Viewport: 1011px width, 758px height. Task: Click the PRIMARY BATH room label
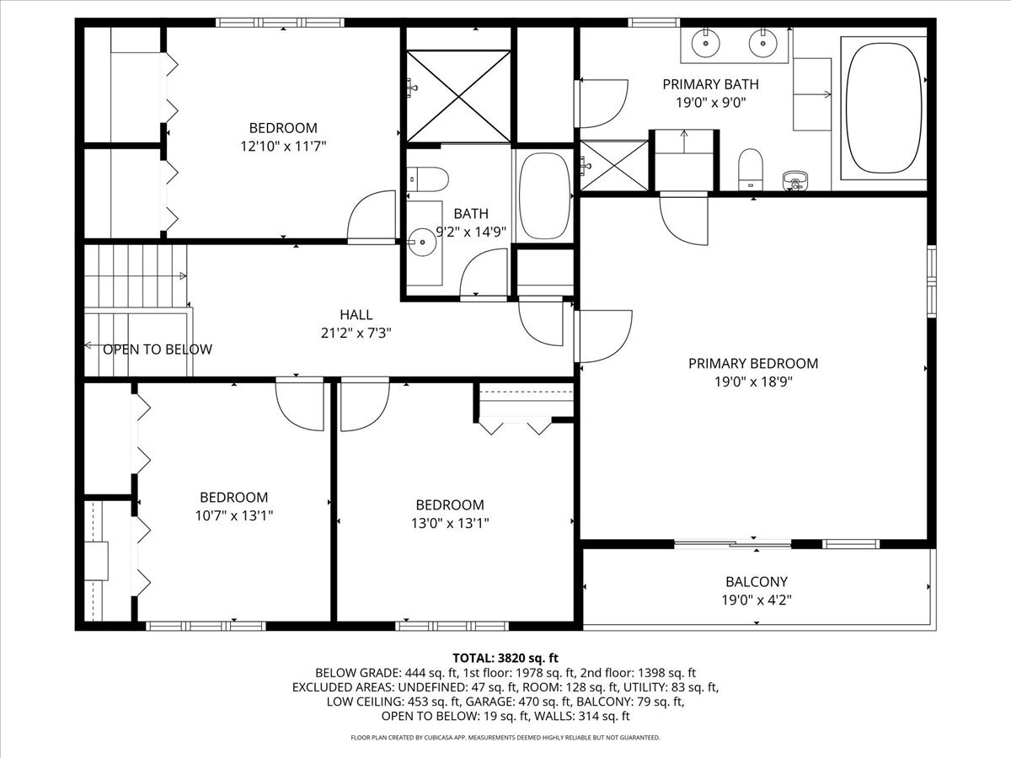(710, 84)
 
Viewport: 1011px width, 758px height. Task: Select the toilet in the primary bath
(751, 169)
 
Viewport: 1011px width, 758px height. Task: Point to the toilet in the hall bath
(427, 179)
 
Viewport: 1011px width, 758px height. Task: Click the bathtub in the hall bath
(544, 196)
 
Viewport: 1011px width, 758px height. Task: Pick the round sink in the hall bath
(422, 242)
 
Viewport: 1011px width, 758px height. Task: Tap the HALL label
(356, 315)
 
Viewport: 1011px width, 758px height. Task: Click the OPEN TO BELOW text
(158, 350)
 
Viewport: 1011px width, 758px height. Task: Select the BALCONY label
(757, 582)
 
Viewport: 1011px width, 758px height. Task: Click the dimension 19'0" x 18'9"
(753, 382)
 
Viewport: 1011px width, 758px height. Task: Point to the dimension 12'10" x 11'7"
(283, 147)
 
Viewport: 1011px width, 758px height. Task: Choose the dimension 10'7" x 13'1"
(234, 515)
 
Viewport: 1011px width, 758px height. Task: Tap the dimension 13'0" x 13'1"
(450, 523)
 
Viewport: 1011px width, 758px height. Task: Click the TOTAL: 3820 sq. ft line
(505, 658)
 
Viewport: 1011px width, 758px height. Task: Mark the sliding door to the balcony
(733, 544)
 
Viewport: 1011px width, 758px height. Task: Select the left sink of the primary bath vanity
(705, 43)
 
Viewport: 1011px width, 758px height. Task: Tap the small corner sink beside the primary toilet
(795, 179)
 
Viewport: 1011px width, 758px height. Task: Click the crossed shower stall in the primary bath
(614, 165)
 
